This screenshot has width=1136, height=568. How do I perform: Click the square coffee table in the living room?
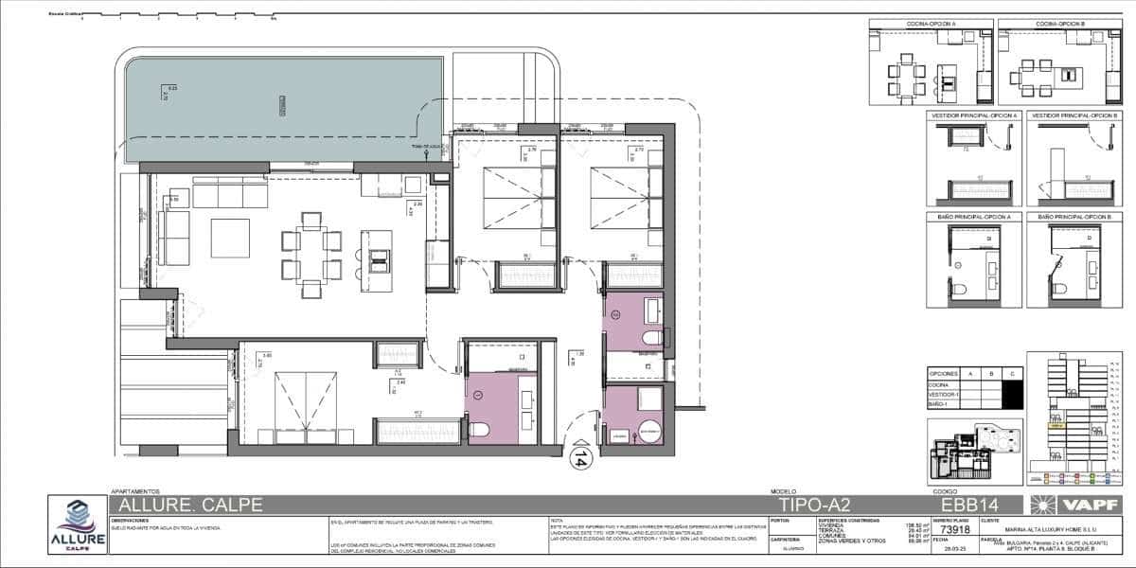click(x=230, y=239)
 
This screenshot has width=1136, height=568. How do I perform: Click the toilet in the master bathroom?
click(x=479, y=431)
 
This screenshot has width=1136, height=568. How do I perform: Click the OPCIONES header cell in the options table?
click(x=945, y=374)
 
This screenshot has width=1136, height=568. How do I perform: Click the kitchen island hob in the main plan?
click(x=379, y=256)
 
